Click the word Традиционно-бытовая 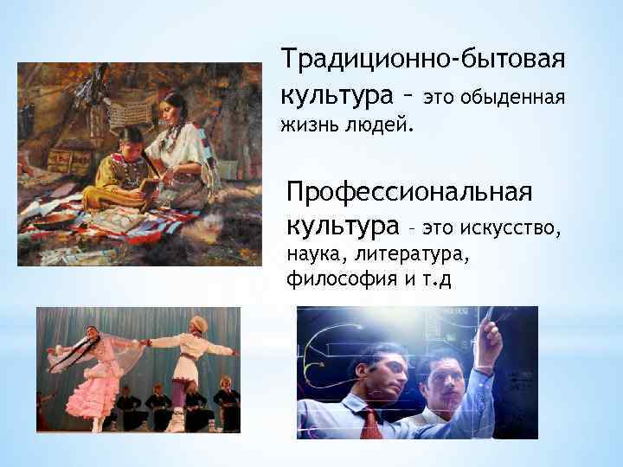click(x=423, y=61)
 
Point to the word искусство click(x=514, y=228)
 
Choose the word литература click(x=410, y=256)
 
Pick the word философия click(x=328, y=281)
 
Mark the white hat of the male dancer click(x=198, y=324)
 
